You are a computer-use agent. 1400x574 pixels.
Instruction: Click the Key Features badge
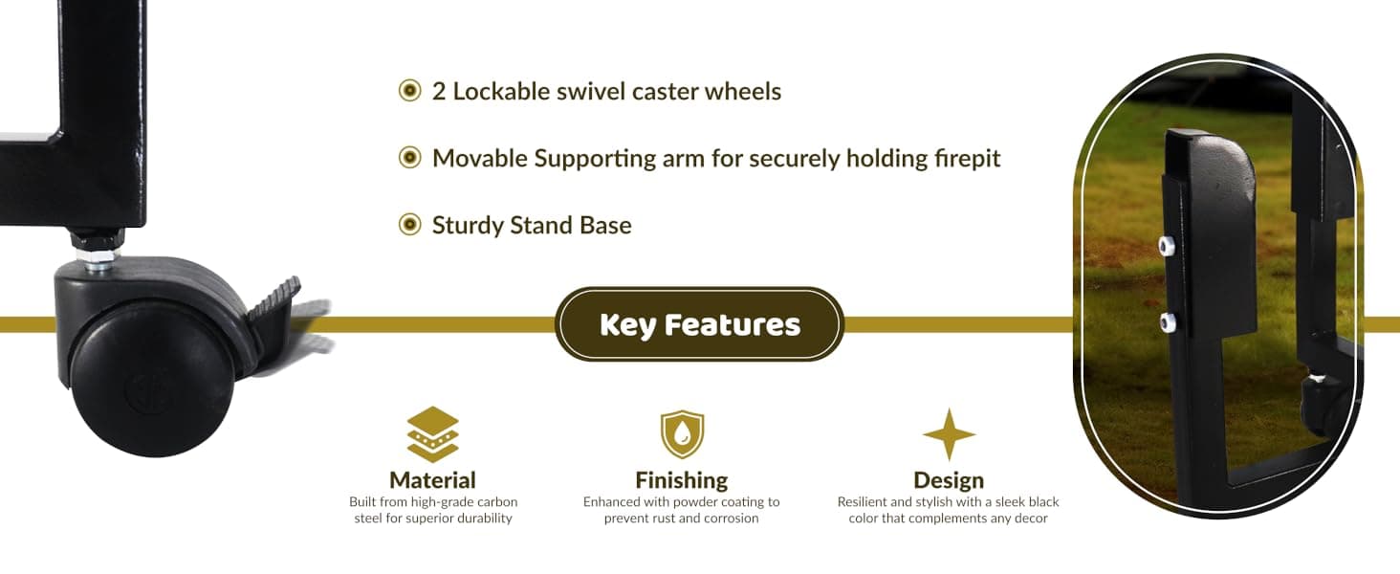(699, 324)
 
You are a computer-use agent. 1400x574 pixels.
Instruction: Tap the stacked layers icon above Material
(432, 434)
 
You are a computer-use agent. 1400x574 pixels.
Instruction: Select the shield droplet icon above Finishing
(682, 434)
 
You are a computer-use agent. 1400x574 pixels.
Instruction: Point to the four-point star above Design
(949, 434)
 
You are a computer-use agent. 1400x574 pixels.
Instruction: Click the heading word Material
(432, 480)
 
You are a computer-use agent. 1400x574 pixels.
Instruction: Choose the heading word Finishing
(681, 481)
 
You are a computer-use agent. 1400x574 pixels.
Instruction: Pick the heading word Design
(949, 481)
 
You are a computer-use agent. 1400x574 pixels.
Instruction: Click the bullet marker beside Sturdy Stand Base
(409, 224)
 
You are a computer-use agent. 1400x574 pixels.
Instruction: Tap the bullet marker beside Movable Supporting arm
(409, 158)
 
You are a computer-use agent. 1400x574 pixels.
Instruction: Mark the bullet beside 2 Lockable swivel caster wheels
(409, 91)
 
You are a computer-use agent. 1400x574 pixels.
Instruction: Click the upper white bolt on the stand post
(1167, 246)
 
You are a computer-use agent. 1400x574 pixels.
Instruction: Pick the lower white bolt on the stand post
(1168, 322)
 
